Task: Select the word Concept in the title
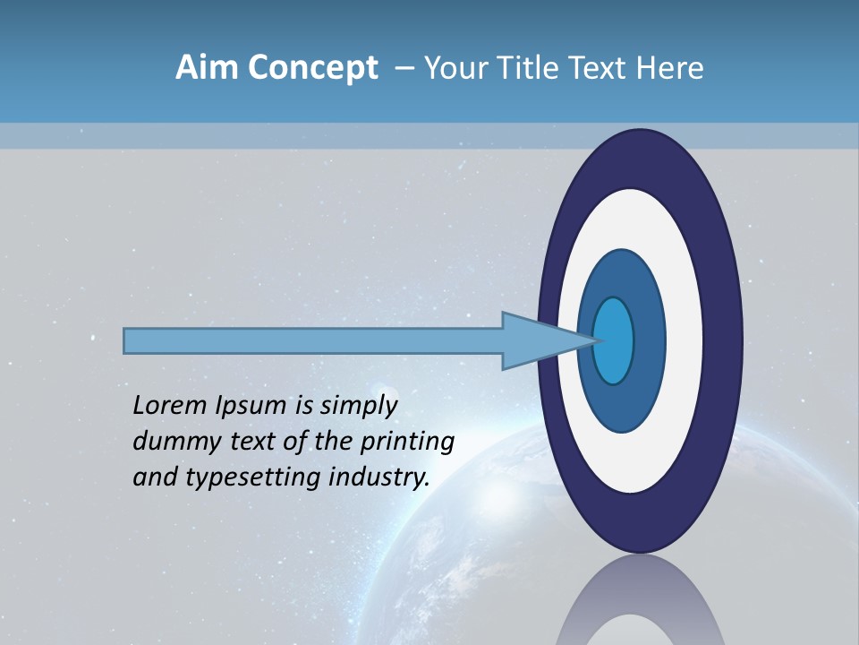[x=312, y=68]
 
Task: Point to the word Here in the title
[x=670, y=68]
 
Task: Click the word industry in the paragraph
[x=379, y=477]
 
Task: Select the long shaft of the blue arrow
[x=313, y=340]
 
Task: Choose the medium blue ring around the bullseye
[x=648, y=340]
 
